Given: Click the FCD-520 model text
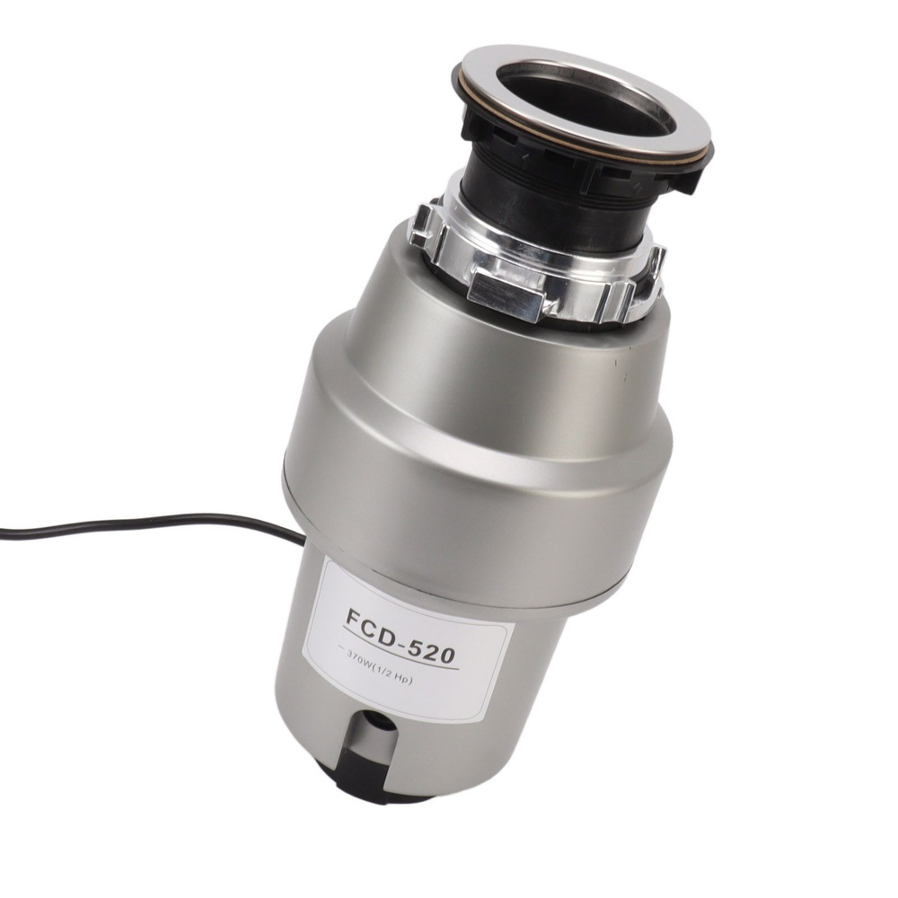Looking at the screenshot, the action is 401,637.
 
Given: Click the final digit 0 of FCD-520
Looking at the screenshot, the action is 445,654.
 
